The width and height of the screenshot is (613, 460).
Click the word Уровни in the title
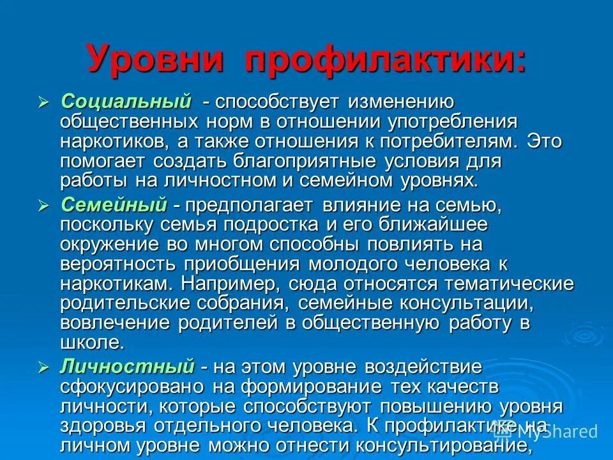point(156,60)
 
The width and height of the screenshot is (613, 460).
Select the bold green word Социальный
point(126,102)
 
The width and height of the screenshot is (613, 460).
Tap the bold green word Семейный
point(114,205)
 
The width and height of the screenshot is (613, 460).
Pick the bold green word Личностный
point(127,367)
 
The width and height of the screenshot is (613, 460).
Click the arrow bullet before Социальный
point(44,102)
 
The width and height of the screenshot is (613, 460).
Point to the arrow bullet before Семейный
point(44,206)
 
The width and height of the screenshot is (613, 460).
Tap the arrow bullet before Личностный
point(44,368)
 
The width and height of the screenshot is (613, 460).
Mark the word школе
point(91,342)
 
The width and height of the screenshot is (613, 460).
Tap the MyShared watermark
point(549,432)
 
